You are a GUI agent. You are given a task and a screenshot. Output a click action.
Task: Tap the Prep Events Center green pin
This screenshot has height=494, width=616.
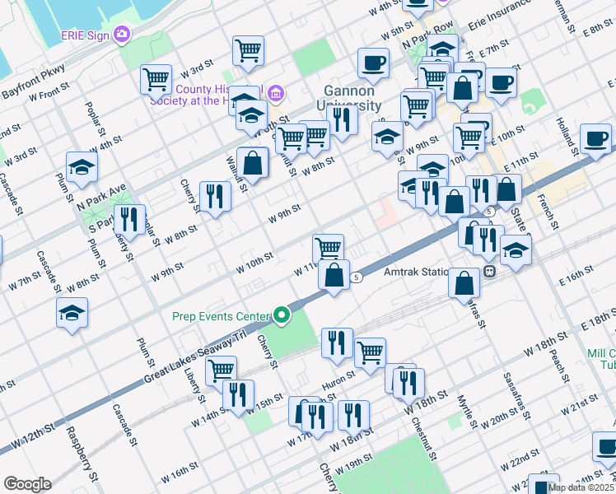coord(282,315)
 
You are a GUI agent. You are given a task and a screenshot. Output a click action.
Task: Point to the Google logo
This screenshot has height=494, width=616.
coord(27,484)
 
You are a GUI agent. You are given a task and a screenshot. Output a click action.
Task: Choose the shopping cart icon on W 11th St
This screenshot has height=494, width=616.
coord(328,247)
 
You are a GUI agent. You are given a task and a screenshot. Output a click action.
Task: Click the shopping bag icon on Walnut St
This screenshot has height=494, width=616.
coord(253,162)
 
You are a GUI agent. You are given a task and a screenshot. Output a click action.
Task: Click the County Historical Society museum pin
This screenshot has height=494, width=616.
coord(275,92)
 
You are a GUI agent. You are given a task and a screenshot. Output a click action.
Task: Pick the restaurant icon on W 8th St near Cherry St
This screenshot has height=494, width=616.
coord(215,196)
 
